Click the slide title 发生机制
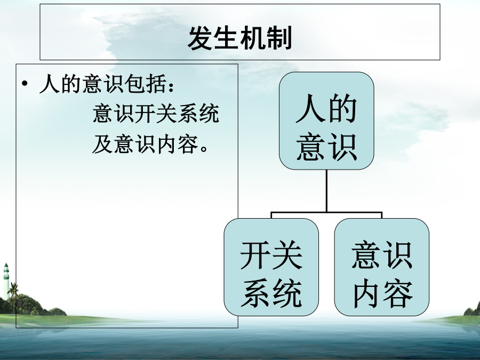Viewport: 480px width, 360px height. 239,38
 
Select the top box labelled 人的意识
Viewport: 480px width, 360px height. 326,121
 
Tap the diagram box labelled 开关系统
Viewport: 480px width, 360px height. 271,267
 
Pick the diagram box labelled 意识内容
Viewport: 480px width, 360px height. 382,267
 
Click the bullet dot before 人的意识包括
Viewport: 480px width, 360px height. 25,84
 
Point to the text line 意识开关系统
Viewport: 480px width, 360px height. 156,114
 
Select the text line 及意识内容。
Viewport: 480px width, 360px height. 150,144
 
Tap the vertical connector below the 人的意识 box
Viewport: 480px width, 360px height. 326,190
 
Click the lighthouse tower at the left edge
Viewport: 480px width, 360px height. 6,280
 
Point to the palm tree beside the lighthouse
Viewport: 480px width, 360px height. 13,294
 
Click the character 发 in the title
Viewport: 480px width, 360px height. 200,38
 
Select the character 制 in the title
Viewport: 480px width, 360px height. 279,38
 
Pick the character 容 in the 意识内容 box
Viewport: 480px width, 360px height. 398,293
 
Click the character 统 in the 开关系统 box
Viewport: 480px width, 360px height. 287,293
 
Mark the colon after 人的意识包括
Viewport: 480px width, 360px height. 171,86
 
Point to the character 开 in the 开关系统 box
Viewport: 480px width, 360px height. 255,255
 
